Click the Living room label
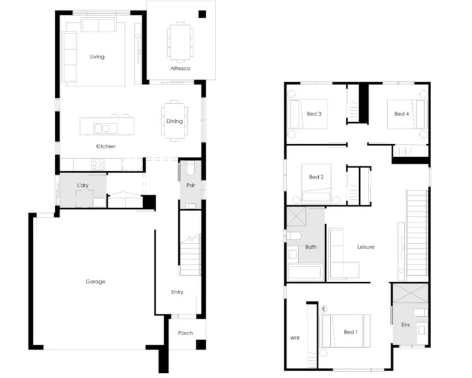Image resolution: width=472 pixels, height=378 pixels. point(97,57)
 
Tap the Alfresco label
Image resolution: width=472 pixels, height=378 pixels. point(180,68)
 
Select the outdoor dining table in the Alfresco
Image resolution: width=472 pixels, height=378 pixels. point(180,42)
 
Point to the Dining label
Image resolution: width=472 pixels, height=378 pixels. point(175,122)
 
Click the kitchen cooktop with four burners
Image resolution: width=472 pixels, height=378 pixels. point(98,164)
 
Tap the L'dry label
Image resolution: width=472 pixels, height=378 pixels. point(83,185)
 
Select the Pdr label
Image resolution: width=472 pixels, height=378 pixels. point(190,185)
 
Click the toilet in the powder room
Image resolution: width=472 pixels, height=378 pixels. point(191,169)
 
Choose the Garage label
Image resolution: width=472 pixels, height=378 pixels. point(95,282)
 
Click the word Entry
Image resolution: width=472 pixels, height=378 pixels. point(177,292)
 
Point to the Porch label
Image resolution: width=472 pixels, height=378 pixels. point(185,333)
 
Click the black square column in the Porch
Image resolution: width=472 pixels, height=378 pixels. point(201,345)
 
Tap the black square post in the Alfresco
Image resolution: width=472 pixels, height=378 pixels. point(202,14)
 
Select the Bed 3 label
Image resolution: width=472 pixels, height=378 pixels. point(314,114)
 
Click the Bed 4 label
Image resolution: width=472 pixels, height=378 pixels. point(401,114)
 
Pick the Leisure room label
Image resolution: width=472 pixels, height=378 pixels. point(366,247)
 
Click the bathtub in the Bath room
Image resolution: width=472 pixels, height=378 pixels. point(305,272)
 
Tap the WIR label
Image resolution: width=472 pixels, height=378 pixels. point(295,338)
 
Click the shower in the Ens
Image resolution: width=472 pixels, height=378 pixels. point(411,293)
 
